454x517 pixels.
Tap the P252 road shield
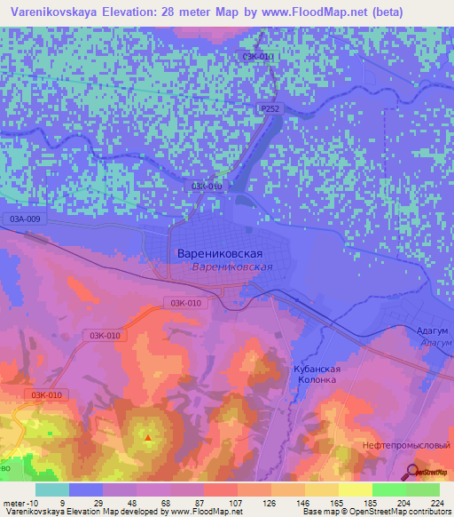click(x=270, y=107)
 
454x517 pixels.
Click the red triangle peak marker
click(x=148, y=437)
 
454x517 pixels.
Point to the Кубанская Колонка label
click(x=315, y=373)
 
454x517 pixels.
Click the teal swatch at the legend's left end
click(x=51, y=489)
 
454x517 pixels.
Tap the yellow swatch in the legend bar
click(x=355, y=489)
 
